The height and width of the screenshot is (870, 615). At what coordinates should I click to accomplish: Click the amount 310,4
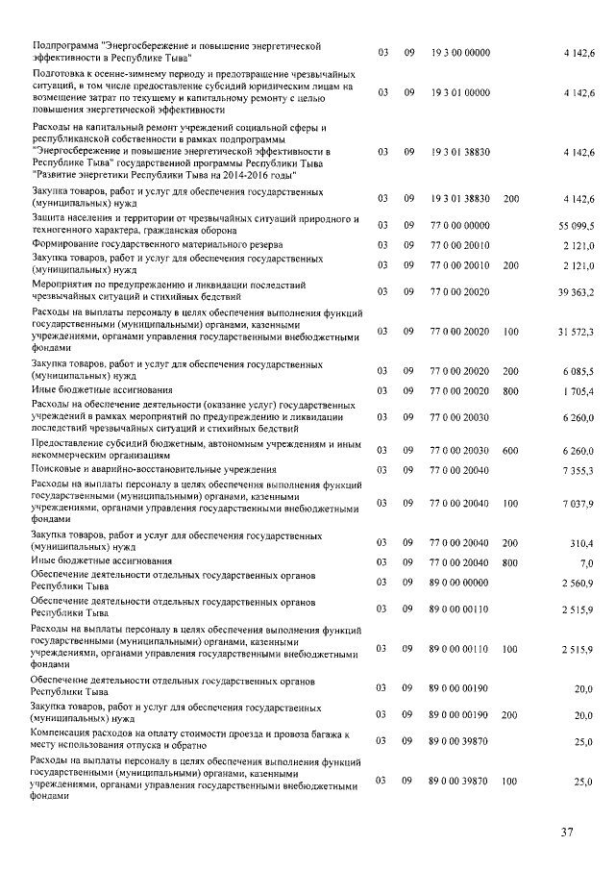[581, 543]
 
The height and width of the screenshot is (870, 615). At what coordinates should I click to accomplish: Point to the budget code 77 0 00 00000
[460, 224]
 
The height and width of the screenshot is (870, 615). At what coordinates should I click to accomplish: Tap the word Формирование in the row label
[69, 244]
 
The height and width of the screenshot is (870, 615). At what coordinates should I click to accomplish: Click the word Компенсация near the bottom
[67, 734]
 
